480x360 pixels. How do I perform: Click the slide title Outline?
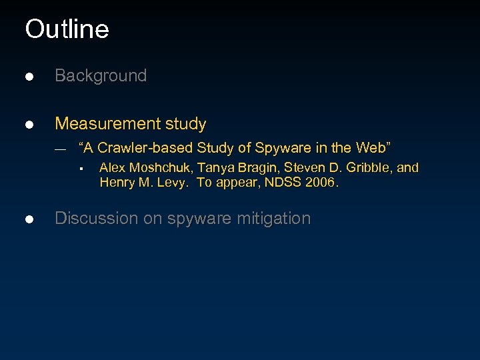click(67, 29)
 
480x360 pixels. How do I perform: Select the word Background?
click(101, 76)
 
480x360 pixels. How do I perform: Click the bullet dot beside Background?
click(29, 77)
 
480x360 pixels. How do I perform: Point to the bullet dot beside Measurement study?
click(29, 125)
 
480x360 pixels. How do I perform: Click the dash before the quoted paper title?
click(60, 149)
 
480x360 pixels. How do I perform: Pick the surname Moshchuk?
click(155, 168)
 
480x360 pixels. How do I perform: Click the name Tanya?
click(208, 168)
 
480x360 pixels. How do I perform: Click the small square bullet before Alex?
click(79, 169)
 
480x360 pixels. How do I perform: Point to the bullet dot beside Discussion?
click(29, 219)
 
